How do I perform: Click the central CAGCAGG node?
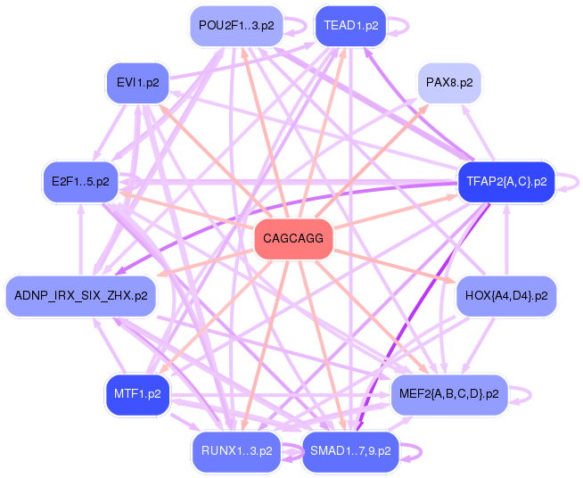[293, 239]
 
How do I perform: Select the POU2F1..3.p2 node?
[230, 26]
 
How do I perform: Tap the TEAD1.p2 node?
[350, 26]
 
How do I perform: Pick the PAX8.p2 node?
[449, 83]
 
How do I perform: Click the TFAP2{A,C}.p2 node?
[505, 182]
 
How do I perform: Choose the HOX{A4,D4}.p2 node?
[506, 295]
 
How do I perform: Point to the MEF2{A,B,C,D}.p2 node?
[449, 393]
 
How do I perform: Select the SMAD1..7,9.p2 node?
[350, 451]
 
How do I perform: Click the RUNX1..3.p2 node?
[236, 451]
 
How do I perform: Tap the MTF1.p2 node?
[137, 393]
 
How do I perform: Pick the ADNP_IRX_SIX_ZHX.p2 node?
[80, 295]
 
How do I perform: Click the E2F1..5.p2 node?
[80, 182]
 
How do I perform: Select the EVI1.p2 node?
[137, 83]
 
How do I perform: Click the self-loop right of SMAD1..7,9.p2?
[412, 451]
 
